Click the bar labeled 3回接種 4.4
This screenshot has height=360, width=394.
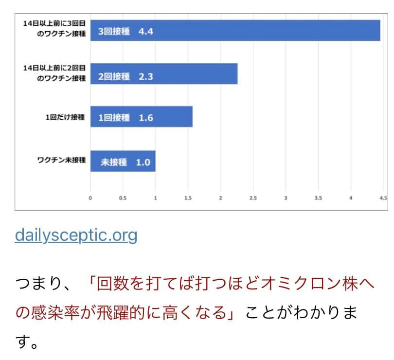pyautogui.click(x=235, y=31)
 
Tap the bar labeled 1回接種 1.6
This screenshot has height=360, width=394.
pyautogui.click(x=142, y=117)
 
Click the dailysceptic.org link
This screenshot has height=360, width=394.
pyautogui.click(x=76, y=235)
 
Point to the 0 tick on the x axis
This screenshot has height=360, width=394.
pyautogui.click(x=90, y=198)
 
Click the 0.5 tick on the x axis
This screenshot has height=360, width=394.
pyautogui.click(x=123, y=198)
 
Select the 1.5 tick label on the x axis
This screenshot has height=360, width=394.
pyautogui.click(x=188, y=198)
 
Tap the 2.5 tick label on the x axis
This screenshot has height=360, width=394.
pyautogui.click(x=253, y=198)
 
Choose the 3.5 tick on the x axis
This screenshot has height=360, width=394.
pyautogui.click(x=318, y=198)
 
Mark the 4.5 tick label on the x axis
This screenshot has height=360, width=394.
pyautogui.click(x=383, y=198)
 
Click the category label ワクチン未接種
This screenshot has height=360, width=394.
pyautogui.click(x=62, y=160)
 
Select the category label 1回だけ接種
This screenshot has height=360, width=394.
pyautogui.click(x=66, y=117)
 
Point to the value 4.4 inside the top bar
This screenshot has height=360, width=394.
pyautogui.click(x=146, y=32)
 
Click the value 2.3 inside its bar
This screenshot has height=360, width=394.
pyautogui.click(x=146, y=76)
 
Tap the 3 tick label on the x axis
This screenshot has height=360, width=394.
pyautogui.click(x=286, y=198)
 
